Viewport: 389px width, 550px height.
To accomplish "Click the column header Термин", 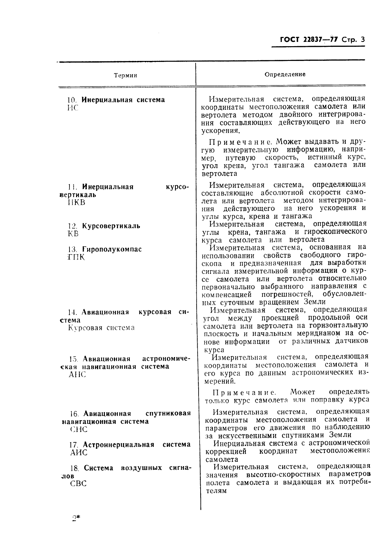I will click(125, 76).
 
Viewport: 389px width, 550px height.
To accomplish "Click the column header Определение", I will click(285, 74).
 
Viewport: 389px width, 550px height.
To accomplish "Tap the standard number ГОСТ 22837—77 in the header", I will click(305, 40).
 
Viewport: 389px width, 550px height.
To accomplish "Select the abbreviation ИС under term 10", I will click(73, 108).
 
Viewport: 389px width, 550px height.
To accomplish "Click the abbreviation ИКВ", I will click(76, 202).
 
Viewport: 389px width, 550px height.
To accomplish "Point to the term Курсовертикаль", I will click(111, 226).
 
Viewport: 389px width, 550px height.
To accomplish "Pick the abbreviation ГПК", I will click(76, 257).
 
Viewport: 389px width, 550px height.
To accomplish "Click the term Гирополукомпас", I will click(112, 249).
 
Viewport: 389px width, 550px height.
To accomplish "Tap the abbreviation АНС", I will click(77, 374).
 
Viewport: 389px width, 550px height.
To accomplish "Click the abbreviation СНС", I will click(79, 429).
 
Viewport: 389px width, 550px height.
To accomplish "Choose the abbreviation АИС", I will click(79, 453).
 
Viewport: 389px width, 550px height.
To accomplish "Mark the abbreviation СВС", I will click(78, 484).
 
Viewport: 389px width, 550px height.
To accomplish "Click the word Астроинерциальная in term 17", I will click(119, 445).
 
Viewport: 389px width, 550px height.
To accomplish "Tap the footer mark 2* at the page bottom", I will click(76, 518).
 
